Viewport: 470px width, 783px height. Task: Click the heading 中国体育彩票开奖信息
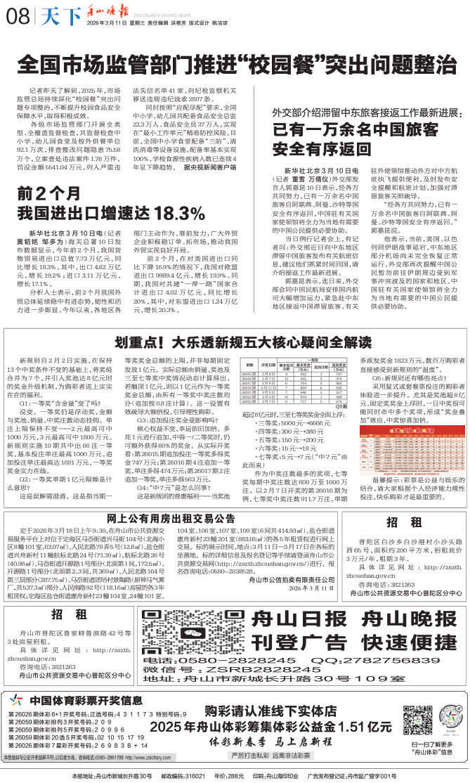81,700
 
